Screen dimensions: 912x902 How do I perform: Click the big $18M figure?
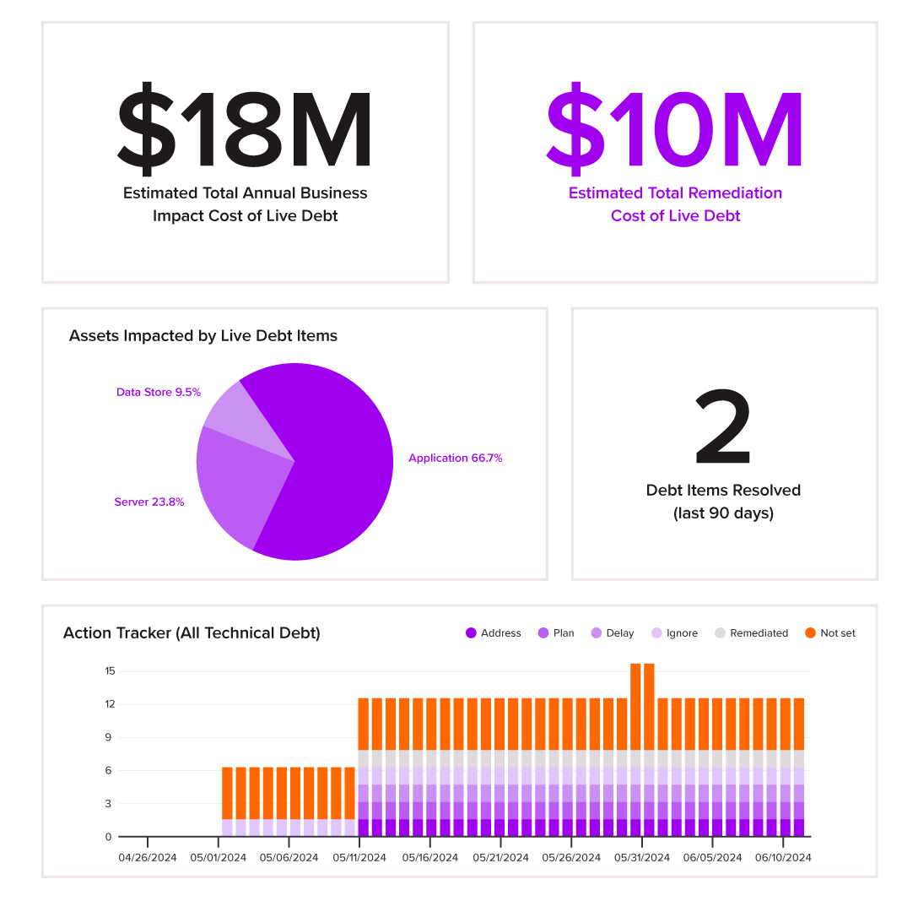click(245, 127)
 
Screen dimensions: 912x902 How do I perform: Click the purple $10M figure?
click(675, 127)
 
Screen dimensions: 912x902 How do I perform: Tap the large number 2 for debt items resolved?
click(723, 428)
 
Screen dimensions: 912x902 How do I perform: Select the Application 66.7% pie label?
click(455, 458)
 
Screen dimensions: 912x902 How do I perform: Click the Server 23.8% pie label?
click(149, 502)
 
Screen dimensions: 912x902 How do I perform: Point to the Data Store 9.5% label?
click(159, 392)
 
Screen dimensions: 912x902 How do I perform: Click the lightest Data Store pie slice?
click(236, 414)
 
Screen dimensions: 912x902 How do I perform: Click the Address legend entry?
click(494, 632)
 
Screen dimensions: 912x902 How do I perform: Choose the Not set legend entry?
click(830, 632)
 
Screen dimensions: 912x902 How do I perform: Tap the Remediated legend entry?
click(751, 632)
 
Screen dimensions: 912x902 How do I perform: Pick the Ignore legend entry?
click(674, 632)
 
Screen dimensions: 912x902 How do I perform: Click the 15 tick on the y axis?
click(110, 671)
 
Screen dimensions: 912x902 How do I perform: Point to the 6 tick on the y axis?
click(110, 770)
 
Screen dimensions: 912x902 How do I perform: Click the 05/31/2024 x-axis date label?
click(642, 857)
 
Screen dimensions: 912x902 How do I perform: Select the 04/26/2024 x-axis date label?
click(148, 857)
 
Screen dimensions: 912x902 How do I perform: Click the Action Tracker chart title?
click(192, 632)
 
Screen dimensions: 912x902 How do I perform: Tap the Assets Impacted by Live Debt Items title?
click(203, 335)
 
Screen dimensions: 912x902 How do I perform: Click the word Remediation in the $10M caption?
click(738, 193)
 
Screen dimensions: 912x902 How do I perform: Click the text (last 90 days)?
click(723, 513)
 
